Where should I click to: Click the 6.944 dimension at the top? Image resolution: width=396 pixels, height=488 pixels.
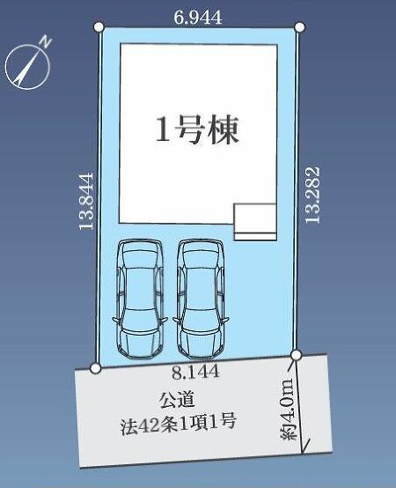(x=197, y=18)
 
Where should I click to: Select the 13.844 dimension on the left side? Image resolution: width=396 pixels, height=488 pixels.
(x=86, y=202)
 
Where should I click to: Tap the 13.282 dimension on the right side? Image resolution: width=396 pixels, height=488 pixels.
(x=312, y=195)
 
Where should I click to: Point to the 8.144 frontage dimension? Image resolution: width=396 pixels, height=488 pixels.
(x=196, y=372)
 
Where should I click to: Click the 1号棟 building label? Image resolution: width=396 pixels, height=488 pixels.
(x=197, y=129)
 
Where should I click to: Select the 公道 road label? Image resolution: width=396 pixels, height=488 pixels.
(x=177, y=400)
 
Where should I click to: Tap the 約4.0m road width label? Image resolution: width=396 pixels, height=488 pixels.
(x=288, y=409)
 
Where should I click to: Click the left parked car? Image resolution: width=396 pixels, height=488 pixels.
(x=140, y=298)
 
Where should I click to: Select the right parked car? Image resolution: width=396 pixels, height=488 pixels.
(x=201, y=298)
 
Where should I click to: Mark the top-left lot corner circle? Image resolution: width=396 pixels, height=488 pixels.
(x=99, y=27)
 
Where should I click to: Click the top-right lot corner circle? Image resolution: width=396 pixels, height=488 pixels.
(x=299, y=27)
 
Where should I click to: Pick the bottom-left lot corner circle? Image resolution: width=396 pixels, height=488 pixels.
(x=95, y=368)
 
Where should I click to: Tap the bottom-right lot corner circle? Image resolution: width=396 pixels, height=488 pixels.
(x=296, y=354)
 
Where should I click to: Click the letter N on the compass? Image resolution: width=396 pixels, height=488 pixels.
(x=47, y=41)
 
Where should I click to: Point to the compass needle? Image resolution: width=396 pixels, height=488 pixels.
(x=27, y=66)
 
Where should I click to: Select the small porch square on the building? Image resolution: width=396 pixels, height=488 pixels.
(x=255, y=218)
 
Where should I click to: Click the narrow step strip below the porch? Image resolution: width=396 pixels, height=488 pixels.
(x=255, y=237)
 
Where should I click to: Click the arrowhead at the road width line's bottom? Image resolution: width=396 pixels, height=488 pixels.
(x=303, y=450)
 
